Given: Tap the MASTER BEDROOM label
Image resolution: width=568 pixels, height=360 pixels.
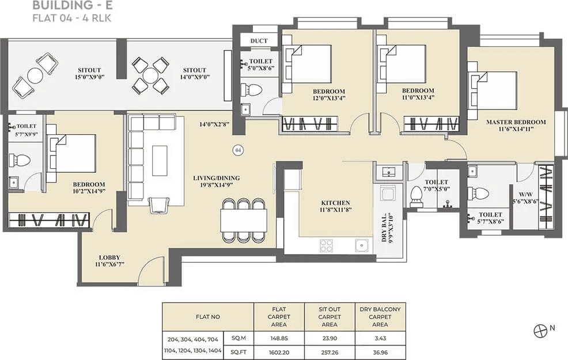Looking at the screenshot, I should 516,122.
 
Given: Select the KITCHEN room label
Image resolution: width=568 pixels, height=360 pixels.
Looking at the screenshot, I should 335,203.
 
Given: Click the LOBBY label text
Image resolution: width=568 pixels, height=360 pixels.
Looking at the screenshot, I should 109,257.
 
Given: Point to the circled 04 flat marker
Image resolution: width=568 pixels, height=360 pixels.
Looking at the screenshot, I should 238,150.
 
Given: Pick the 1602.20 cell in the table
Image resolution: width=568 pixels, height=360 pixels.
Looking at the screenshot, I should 279,351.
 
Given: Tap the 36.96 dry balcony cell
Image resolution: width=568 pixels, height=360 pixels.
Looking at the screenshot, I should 380,351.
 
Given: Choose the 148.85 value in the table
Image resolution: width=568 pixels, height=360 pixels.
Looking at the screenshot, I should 279,339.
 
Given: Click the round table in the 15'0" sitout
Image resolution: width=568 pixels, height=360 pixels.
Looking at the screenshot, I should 35,75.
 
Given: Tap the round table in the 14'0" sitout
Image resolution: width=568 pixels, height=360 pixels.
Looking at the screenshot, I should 150,75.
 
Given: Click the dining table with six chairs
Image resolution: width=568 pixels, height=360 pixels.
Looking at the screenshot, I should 243,220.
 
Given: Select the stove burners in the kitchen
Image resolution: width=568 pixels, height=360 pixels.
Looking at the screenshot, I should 326,245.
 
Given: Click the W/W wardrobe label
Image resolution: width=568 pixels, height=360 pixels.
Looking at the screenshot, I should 524,194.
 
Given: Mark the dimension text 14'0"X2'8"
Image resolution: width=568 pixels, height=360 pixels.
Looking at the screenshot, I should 215,124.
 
